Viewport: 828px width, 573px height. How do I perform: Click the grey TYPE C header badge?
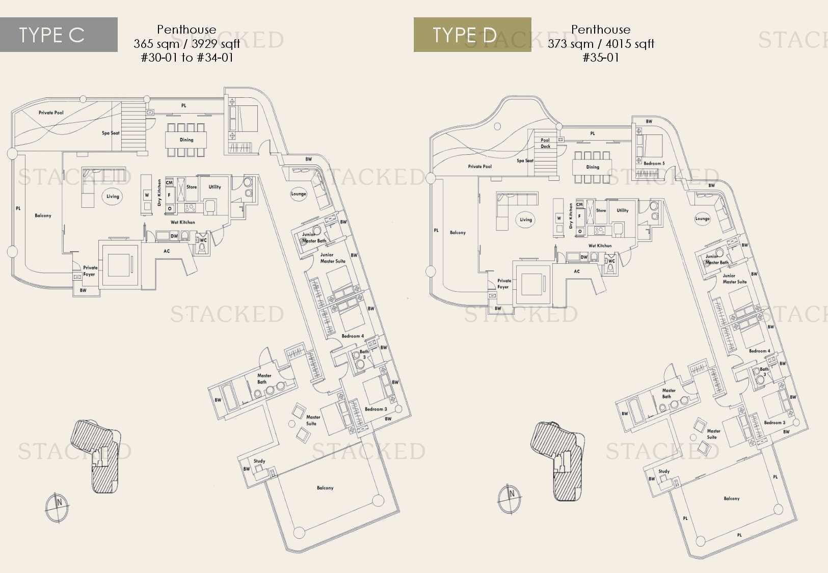coord(59,35)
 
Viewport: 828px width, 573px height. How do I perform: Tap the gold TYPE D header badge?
coord(472,35)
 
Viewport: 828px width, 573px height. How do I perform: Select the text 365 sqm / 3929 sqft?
coord(186,44)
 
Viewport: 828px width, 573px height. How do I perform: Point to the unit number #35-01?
coord(601,58)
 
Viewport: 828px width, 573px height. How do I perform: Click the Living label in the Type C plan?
coord(113,196)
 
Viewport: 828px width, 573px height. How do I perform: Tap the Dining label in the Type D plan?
coord(593,167)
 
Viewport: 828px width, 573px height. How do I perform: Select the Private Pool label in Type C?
coord(51,113)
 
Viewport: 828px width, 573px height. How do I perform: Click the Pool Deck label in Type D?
coord(545,143)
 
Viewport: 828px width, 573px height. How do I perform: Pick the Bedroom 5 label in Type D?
coord(654,163)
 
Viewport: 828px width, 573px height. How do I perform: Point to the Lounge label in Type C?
coord(299,194)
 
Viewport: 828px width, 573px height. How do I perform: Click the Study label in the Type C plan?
coord(259,461)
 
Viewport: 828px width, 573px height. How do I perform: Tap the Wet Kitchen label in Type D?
coord(600,245)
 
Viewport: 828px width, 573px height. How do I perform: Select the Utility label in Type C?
coord(215,187)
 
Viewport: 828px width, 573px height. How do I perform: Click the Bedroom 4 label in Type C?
coord(353,336)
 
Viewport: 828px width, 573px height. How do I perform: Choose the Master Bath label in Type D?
coord(669,393)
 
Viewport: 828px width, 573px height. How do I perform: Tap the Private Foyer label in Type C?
coord(90,271)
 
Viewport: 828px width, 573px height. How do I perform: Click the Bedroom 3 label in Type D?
coord(774,423)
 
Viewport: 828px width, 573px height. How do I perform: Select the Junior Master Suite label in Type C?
coord(332,258)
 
